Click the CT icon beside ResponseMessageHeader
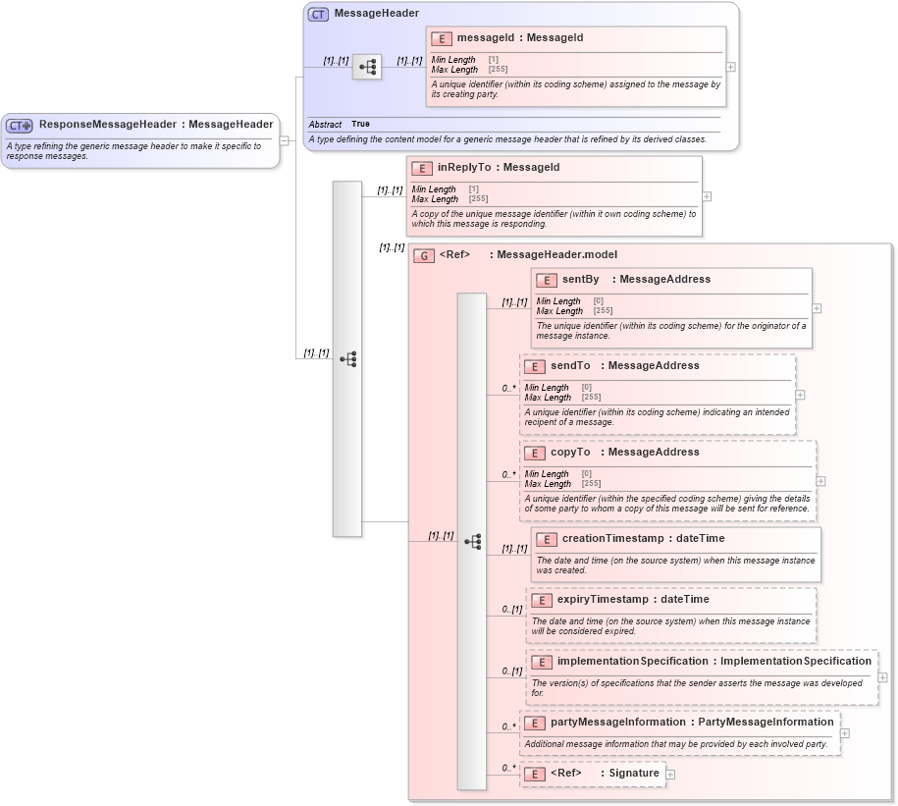tap(20, 125)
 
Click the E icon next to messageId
tap(442, 38)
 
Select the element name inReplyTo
tap(463, 168)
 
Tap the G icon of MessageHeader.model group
tap(424, 255)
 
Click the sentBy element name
tap(580, 280)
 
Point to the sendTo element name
tap(570, 366)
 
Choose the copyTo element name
tap(570, 453)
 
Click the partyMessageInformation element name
tap(617, 723)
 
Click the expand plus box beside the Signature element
tap(670, 775)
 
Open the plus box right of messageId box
tap(730, 67)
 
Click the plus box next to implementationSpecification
tap(882, 677)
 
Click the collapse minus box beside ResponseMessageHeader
tap(284, 140)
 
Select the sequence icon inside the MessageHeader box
tap(367, 68)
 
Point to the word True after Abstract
tap(360, 125)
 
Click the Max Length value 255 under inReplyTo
tap(478, 199)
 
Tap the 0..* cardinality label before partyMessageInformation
tap(508, 727)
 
